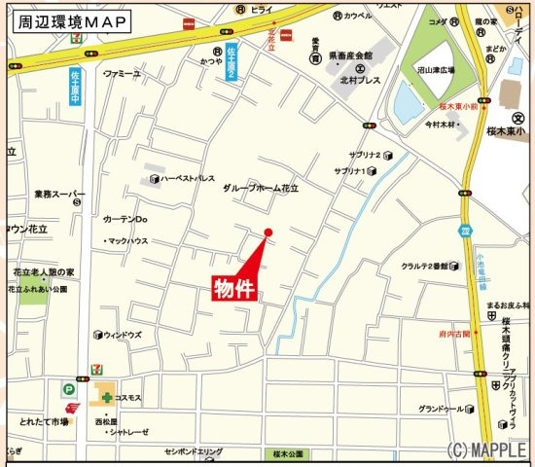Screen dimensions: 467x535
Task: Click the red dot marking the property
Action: click(268, 232)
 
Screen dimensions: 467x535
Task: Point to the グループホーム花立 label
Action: click(261, 187)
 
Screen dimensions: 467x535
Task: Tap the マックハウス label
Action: click(126, 240)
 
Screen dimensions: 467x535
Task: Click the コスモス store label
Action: click(128, 398)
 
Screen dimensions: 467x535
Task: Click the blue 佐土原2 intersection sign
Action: click(232, 65)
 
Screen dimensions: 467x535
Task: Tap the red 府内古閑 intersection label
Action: click(454, 334)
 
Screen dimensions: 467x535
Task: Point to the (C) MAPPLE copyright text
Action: click(488, 450)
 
